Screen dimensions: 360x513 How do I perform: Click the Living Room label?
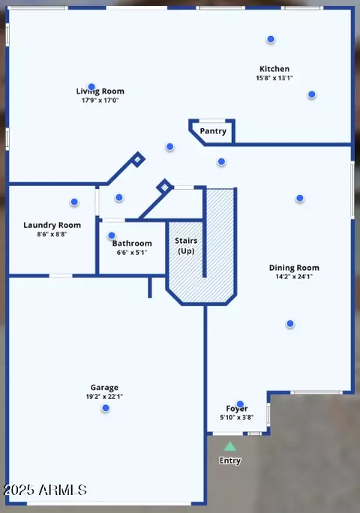[x=100, y=91]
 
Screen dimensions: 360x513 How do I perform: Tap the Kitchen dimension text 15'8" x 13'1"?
[x=274, y=78]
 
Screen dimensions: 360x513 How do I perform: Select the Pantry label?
[x=213, y=131]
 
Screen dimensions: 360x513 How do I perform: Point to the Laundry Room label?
[x=52, y=226]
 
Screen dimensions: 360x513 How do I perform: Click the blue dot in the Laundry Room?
[x=74, y=202]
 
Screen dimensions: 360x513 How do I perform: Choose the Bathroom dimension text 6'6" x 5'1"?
[x=132, y=253]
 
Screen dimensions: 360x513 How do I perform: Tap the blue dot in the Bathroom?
[x=112, y=235]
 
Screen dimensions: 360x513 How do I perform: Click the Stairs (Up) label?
[x=186, y=246]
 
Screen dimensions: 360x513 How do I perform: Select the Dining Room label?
[x=294, y=268]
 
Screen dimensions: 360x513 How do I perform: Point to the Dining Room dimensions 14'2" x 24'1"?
[x=294, y=277]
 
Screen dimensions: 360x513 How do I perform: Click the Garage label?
[x=104, y=388]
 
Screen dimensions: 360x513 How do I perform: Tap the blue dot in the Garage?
[x=106, y=408]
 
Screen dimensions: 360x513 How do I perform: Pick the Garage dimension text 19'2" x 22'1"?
[x=104, y=397]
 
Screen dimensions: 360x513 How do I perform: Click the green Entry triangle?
[x=230, y=447]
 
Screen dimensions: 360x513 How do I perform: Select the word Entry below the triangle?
[x=230, y=460]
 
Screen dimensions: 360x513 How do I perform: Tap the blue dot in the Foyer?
[x=240, y=404]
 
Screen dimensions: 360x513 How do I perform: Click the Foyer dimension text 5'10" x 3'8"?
[x=236, y=418]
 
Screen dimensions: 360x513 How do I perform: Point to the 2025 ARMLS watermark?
[x=45, y=490]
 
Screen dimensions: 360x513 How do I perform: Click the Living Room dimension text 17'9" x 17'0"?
[x=100, y=100]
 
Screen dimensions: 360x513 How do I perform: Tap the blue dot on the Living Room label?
[x=91, y=87]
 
